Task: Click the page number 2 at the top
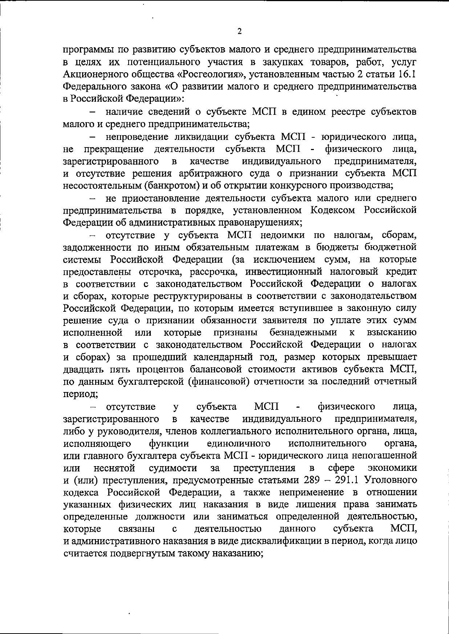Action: pos(239,31)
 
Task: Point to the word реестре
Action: pos(347,112)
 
